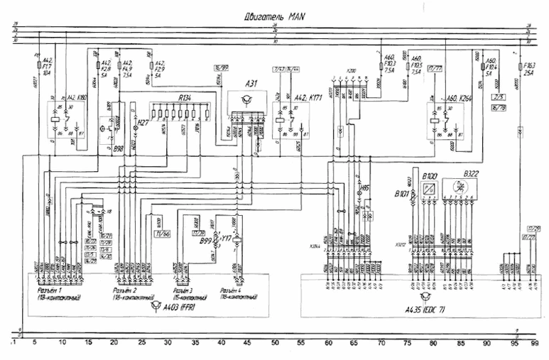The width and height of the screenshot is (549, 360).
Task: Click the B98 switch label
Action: tap(117, 150)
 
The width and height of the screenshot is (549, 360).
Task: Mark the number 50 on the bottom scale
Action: tap(275, 343)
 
